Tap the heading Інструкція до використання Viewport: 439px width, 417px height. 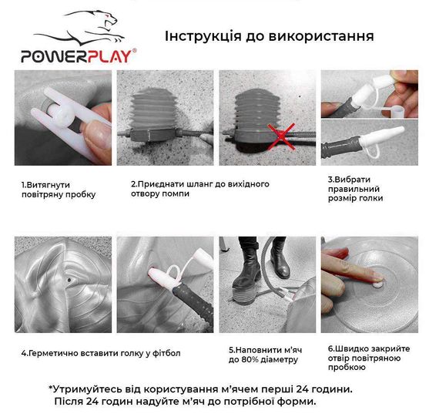pos(270,36)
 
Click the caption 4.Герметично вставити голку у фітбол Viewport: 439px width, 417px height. pos(99,353)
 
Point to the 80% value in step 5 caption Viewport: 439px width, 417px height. pos(263,359)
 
